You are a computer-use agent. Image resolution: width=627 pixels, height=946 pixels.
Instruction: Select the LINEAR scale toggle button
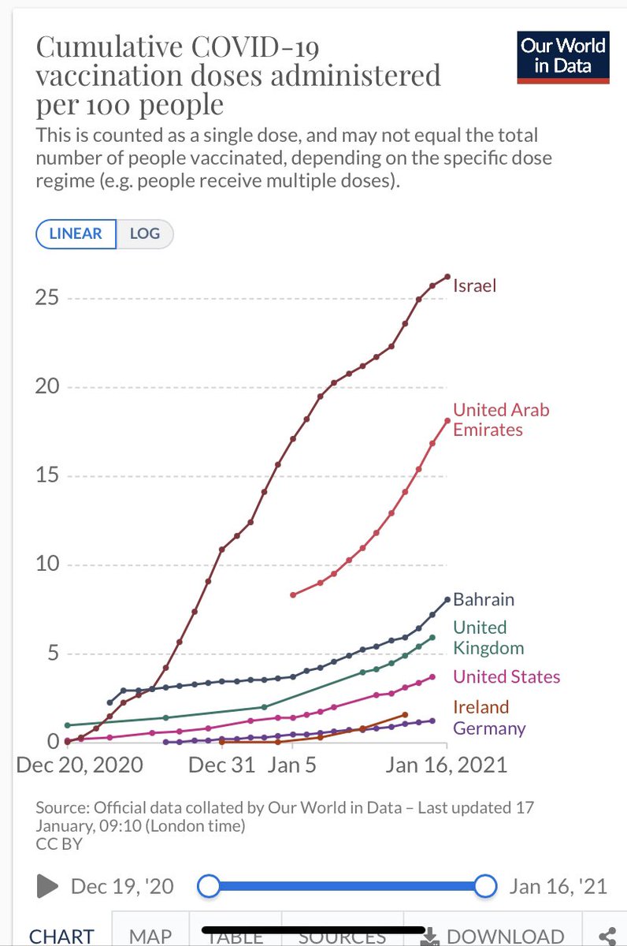(76, 233)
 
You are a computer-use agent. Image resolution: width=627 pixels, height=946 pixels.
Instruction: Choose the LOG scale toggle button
(145, 233)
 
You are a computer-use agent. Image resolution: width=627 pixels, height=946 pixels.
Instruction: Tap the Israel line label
(475, 285)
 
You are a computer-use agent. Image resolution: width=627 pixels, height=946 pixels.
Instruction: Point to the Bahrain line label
(483, 599)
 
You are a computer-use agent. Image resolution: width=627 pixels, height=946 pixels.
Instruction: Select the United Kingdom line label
(488, 638)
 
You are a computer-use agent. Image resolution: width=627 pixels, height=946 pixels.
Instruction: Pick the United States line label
(506, 676)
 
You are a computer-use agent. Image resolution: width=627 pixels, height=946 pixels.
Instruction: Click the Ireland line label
(480, 706)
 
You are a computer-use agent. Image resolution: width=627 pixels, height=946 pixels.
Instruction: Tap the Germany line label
(488, 728)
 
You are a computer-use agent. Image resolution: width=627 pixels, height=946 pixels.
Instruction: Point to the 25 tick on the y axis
(51, 299)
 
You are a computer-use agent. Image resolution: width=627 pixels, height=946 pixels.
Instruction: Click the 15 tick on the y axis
(51, 476)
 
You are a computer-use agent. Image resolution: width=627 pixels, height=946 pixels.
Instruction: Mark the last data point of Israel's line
(447, 276)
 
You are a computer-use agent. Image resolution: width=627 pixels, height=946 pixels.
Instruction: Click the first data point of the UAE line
(293, 594)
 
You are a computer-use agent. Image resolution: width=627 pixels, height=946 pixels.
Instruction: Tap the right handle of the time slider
(487, 886)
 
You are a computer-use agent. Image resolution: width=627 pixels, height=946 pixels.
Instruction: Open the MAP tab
(150, 935)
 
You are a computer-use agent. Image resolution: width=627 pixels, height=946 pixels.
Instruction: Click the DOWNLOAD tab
(493, 935)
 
